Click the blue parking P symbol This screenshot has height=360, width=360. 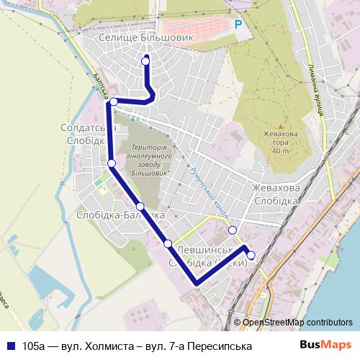238,24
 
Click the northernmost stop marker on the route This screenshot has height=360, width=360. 146,61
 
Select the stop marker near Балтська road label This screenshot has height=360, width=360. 113,102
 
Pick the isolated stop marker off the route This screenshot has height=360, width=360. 232,230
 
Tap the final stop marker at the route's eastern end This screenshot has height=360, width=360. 251,255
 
